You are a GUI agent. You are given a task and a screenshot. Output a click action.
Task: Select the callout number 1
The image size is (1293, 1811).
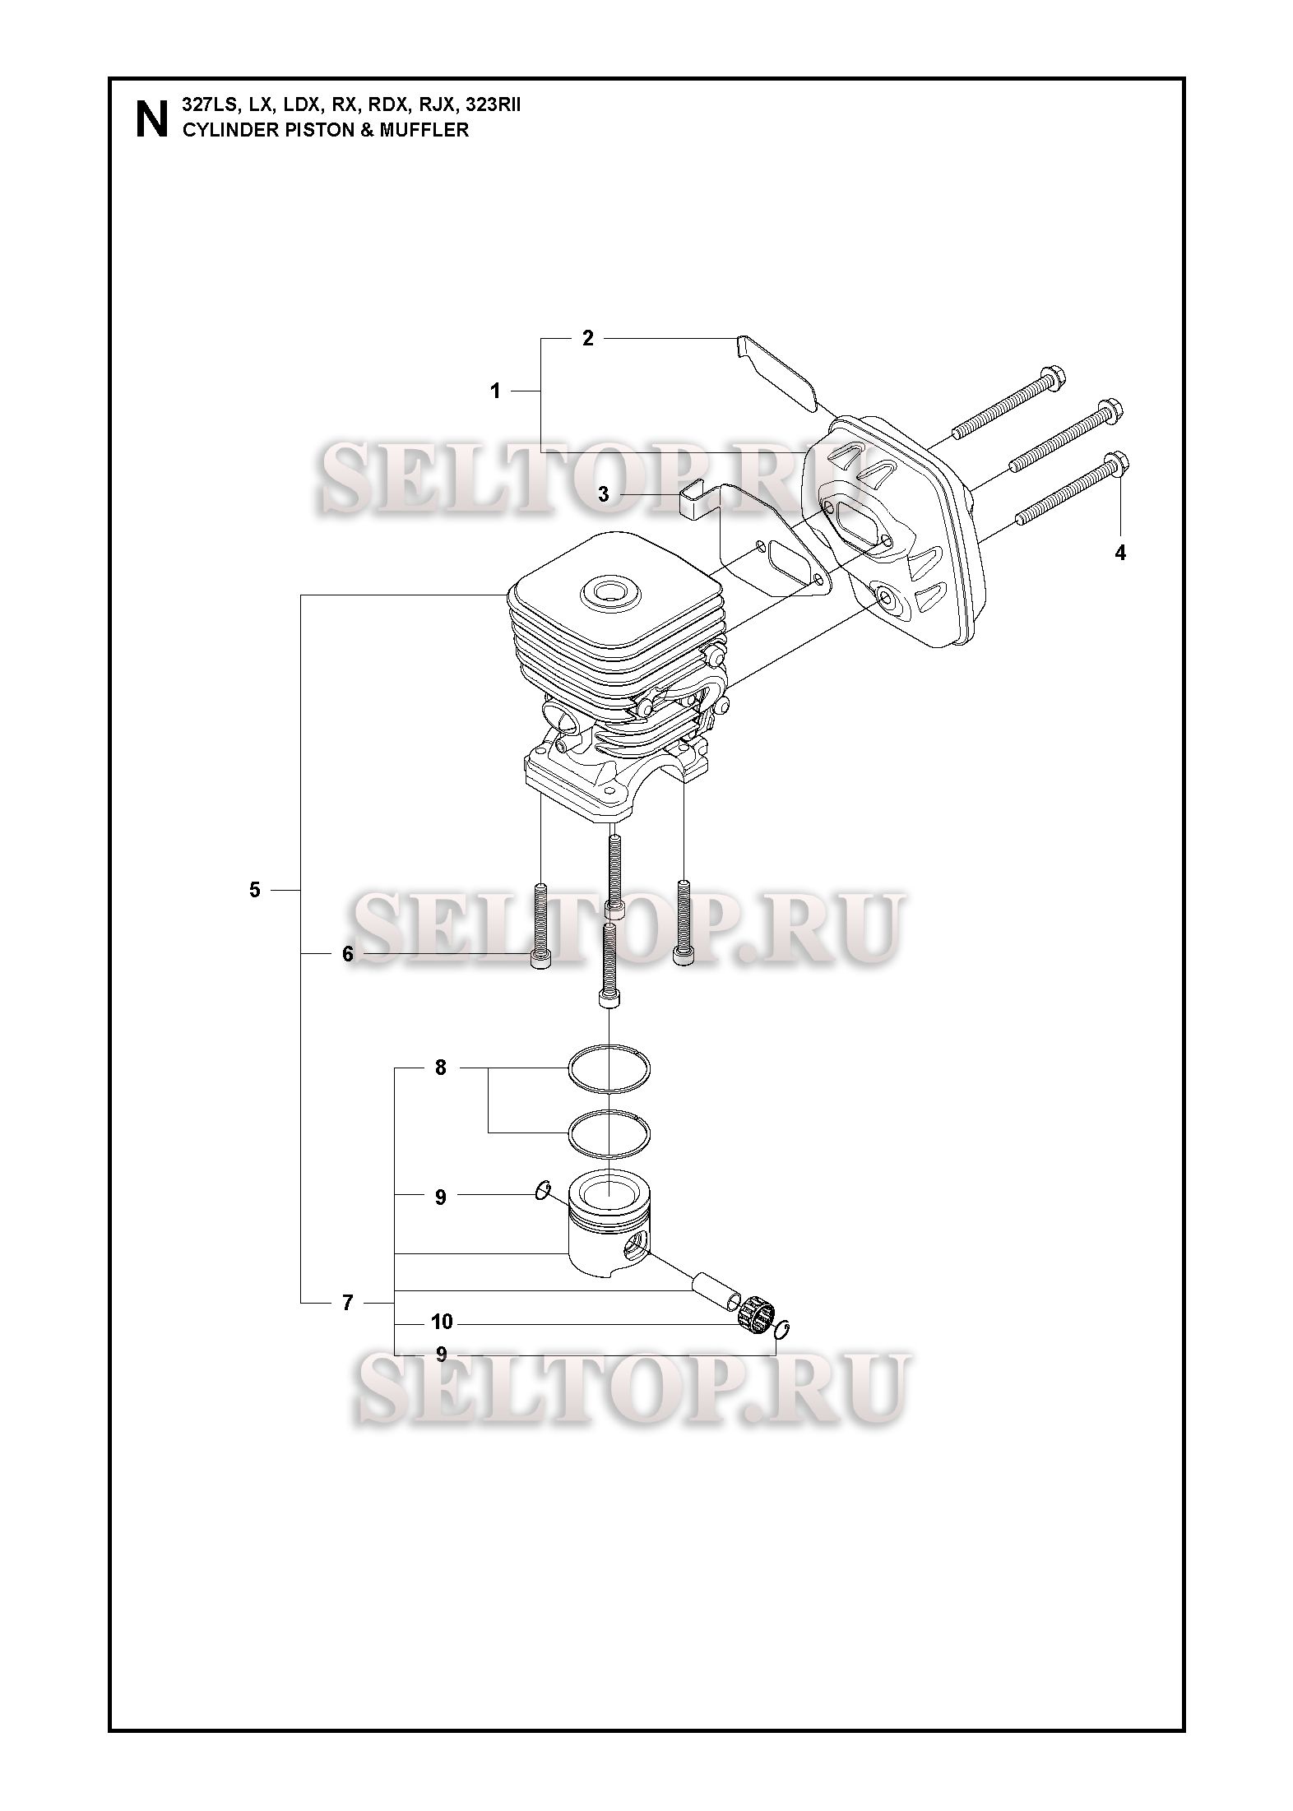point(495,391)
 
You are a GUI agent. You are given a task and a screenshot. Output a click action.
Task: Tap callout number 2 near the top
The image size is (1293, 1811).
point(587,338)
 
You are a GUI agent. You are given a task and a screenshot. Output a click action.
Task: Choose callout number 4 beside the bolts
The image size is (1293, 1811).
point(1119,553)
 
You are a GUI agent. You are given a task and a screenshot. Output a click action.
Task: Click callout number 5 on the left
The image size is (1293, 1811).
point(255,890)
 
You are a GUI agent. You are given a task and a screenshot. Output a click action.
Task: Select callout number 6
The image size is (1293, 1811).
point(347,954)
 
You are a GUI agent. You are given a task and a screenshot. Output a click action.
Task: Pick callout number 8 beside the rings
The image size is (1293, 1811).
point(440,1068)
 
